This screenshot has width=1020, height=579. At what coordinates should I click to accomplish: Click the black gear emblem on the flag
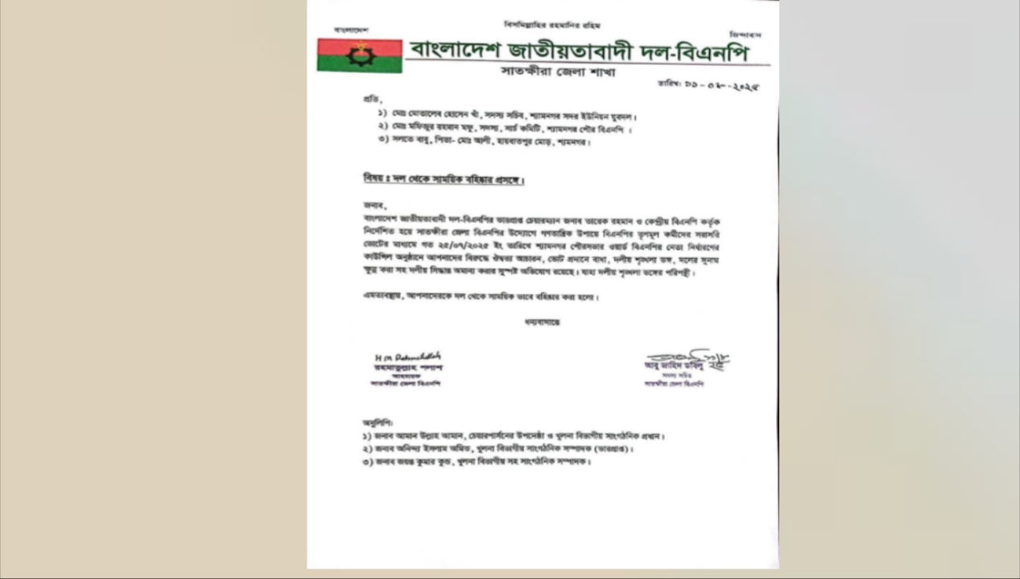(x=360, y=55)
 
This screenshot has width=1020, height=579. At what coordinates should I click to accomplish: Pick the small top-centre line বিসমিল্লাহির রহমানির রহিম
(x=552, y=25)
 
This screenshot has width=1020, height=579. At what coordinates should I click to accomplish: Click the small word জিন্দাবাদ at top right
(x=745, y=35)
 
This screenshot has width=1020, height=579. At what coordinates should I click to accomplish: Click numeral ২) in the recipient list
(x=382, y=128)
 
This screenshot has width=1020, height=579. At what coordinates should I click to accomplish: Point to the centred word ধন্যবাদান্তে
(x=541, y=322)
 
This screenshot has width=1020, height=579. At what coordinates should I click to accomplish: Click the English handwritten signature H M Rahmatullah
(x=407, y=356)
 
